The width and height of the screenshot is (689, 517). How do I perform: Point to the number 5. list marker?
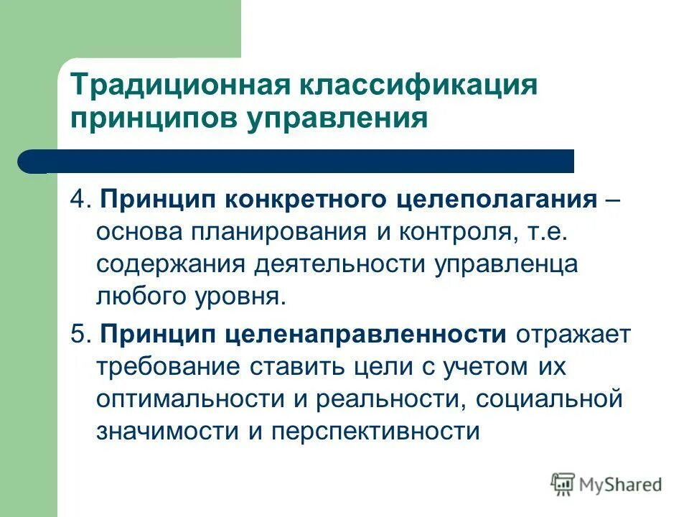[80, 334]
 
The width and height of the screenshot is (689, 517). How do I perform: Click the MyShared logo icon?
[563, 485]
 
